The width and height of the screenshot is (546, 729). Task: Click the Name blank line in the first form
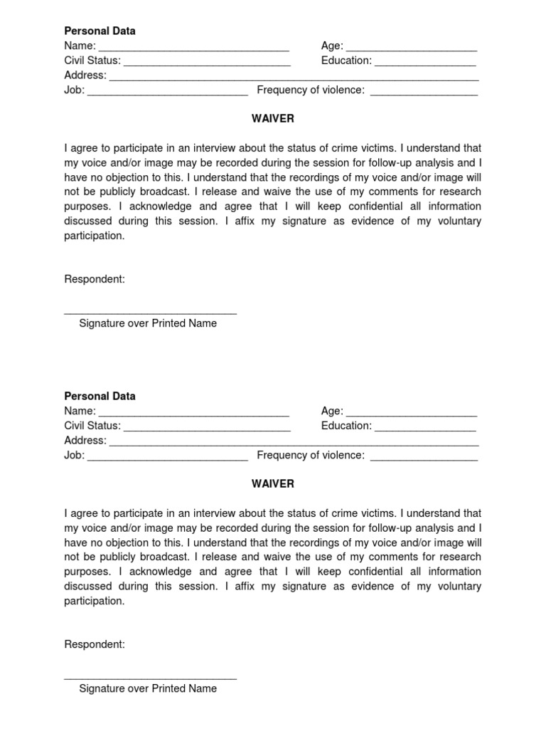pyautogui.click(x=193, y=48)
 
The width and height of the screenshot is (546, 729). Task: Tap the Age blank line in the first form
pyautogui.click(x=411, y=48)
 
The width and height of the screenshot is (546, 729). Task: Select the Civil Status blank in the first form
pyautogui.click(x=207, y=63)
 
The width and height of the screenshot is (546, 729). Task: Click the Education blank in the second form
pyautogui.click(x=425, y=429)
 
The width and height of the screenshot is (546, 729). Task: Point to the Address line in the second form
pyautogui.click(x=293, y=443)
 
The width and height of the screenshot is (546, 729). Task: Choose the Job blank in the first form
pyautogui.click(x=167, y=93)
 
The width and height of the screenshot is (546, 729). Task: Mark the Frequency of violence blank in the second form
pyautogui.click(x=424, y=458)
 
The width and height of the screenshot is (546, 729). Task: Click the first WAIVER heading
pyautogui.click(x=272, y=119)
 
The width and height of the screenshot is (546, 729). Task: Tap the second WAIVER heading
pyautogui.click(x=272, y=484)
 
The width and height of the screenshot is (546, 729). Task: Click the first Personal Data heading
pyautogui.click(x=100, y=31)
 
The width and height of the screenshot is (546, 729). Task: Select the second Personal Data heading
pyautogui.click(x=100, y=397)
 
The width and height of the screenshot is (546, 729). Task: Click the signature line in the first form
pyautogui.click(x=150, y=312)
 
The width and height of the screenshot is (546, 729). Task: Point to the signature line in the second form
pyautogui.click(x=150, y=677)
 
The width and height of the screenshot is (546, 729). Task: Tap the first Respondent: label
pyautogui.click(x=95, y=279)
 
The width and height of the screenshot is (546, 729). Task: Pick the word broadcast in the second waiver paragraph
pyautogui.click(x=161, y=557)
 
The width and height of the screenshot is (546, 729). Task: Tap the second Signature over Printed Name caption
pyautogui.click(x=148, y=688)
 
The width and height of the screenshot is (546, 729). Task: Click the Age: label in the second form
pyautogui.click(x=332, y=411)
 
